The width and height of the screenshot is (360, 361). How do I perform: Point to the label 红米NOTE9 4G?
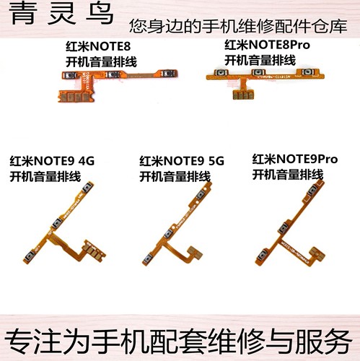[51, 160]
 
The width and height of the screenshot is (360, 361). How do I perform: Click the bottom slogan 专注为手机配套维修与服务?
[180, 339]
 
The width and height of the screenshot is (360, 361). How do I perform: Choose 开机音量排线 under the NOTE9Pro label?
[289, 173]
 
